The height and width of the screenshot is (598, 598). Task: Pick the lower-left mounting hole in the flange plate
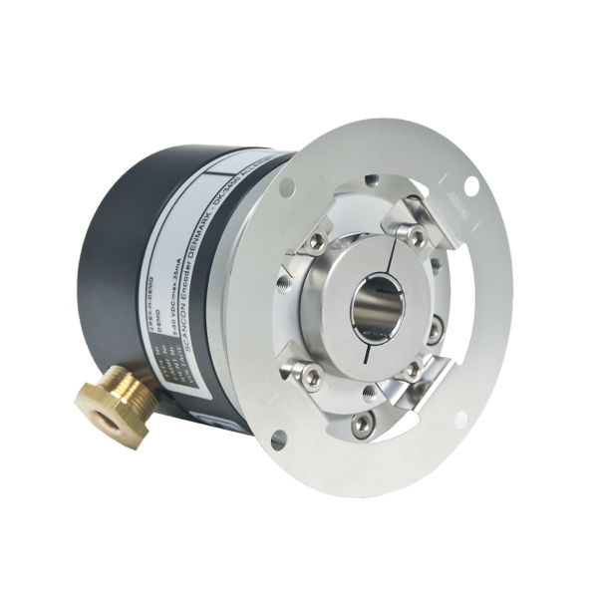point(276,436)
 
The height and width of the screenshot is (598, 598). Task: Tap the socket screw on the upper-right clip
point(417,236)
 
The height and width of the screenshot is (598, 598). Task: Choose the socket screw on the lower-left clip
point(311,376)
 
